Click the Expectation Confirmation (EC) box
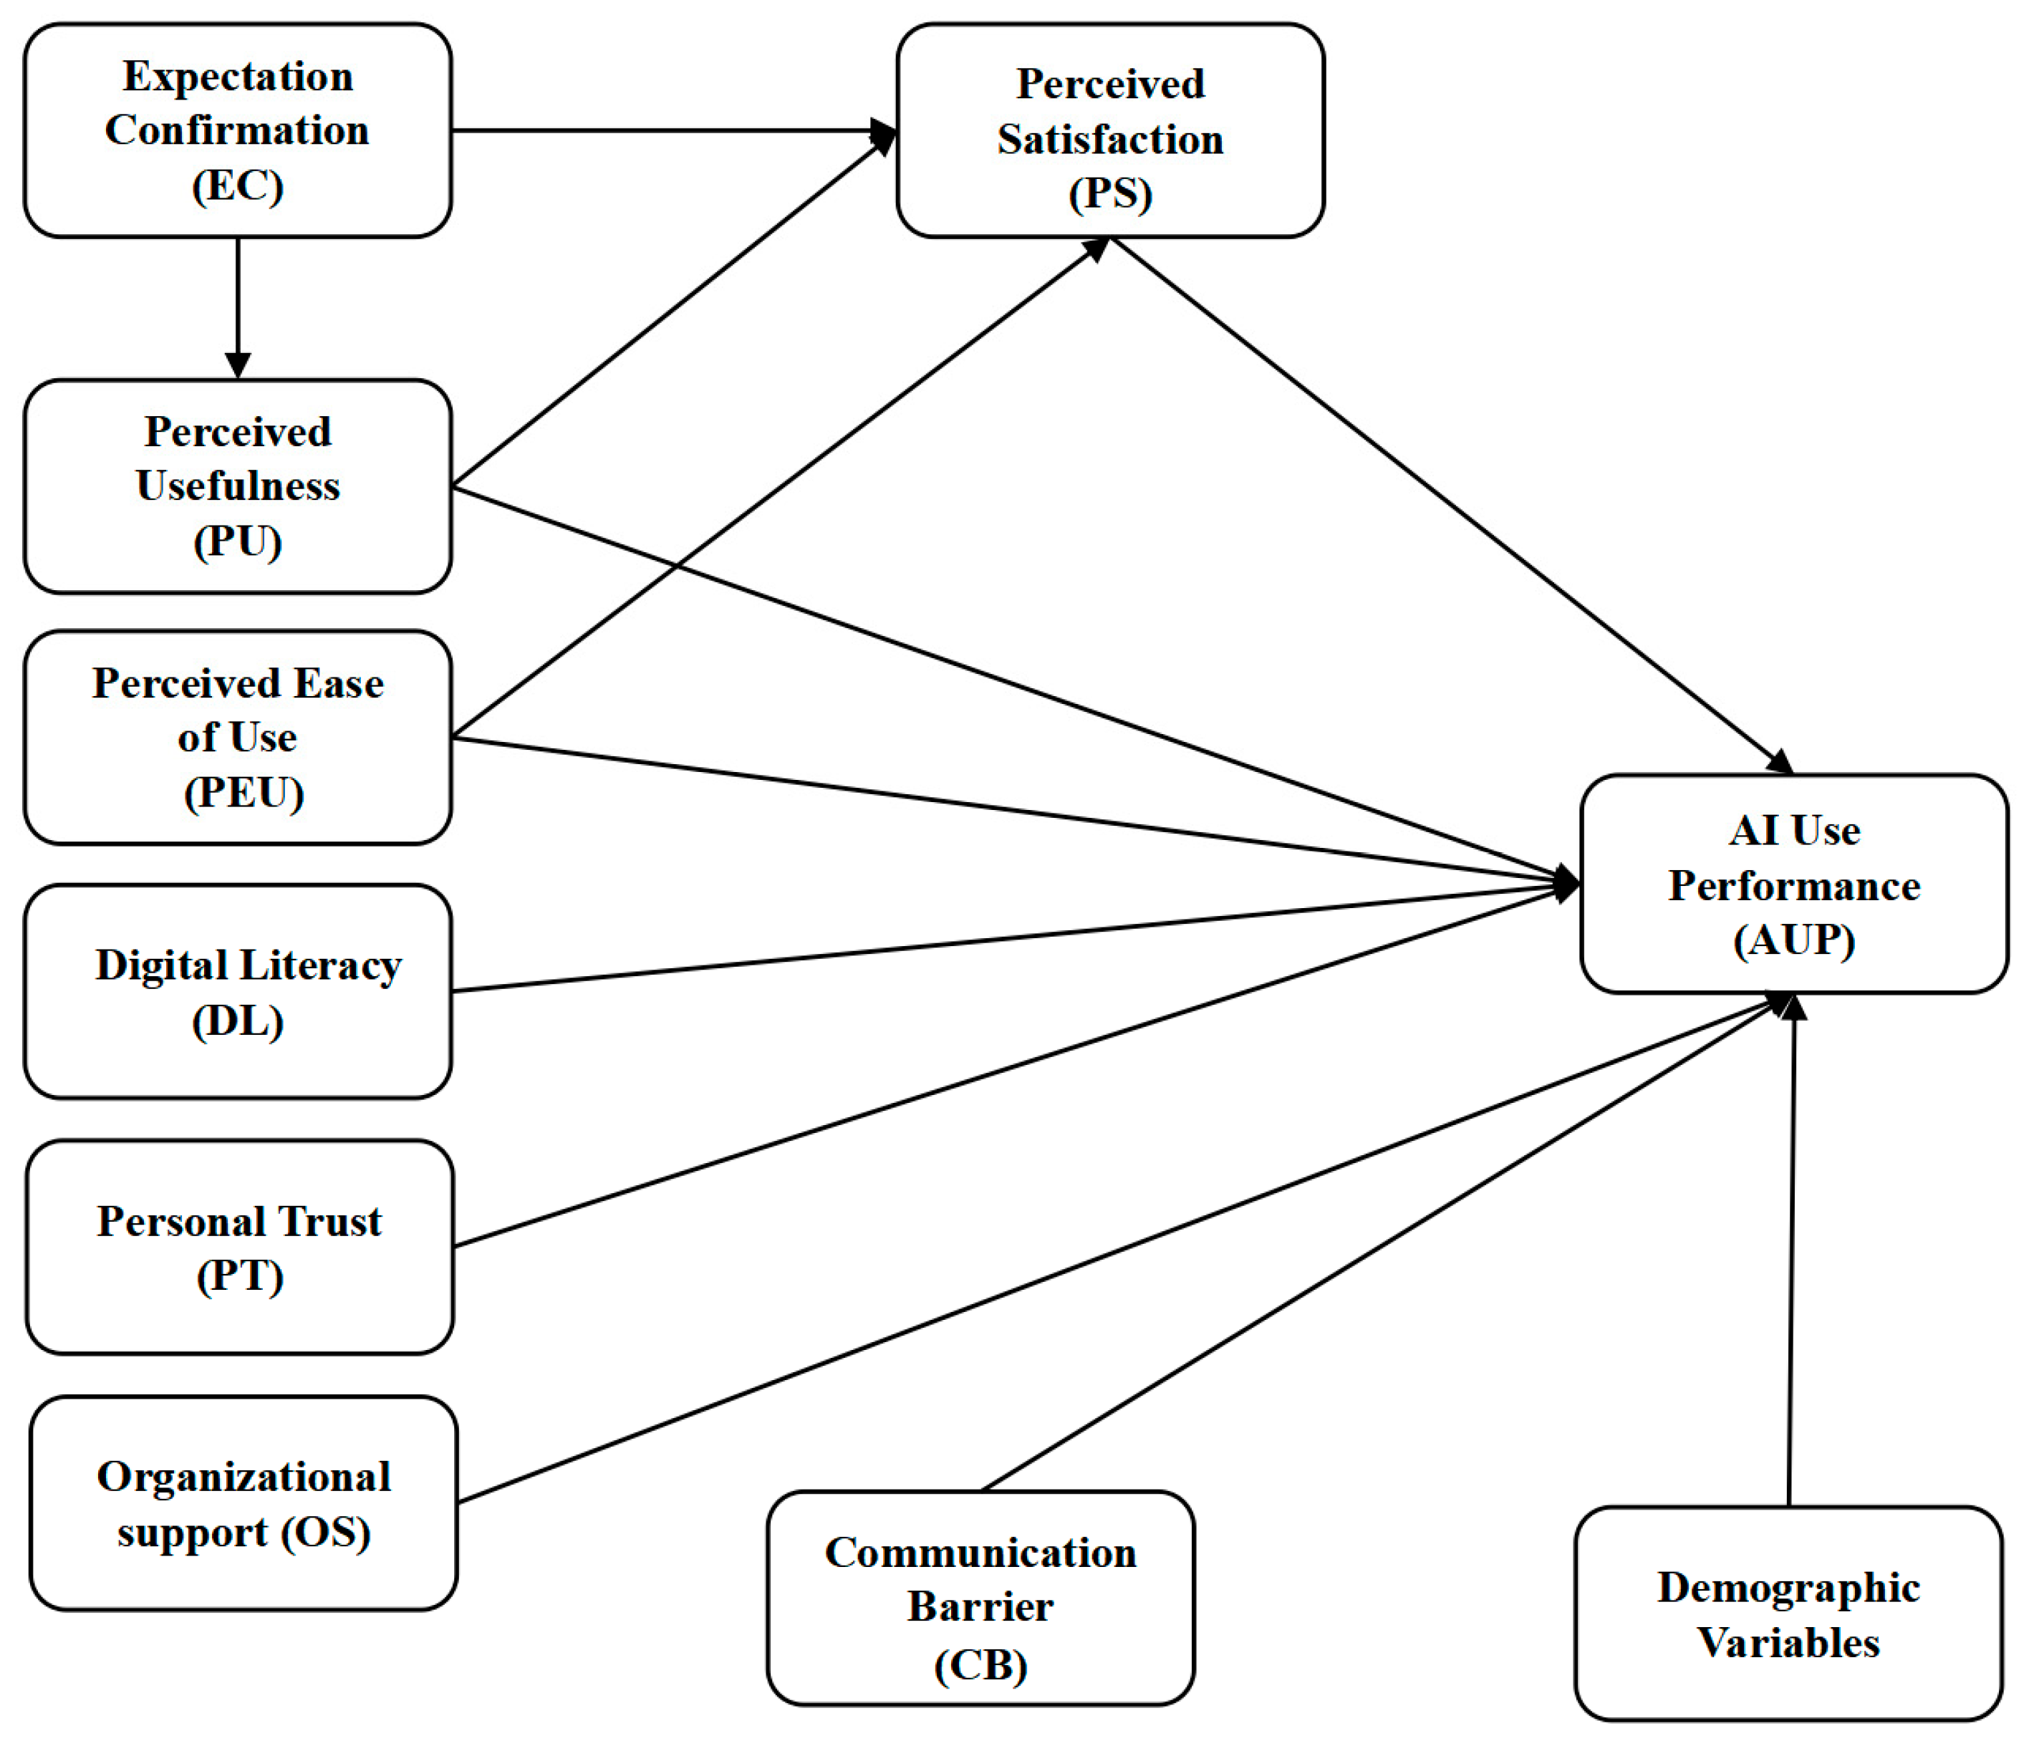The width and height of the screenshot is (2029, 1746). pyautogui.click(x=238, y=130)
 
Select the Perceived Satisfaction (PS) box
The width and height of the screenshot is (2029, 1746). pyautogui.click(x=1110, y=130)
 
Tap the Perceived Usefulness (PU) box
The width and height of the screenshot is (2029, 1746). pyautogui.click(x=238, y=487)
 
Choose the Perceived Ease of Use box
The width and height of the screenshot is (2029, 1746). pyautogui.click(x=238, y=738)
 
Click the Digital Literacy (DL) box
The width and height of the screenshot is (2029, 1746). pyautogui.click(x=238, y=991)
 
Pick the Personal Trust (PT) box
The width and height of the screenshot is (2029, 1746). pyautogui.click(x=240, y=1247)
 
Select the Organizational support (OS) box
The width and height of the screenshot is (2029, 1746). pyautogui.click(x=244, y=1503)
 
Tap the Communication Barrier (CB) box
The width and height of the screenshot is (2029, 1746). pyautogui.click(x=980, y=1598)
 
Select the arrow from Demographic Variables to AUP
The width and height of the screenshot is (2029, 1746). pyautogui.click(x=1791, y=1250)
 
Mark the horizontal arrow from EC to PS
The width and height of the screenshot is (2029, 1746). pyautogui.click(x=675, y=130)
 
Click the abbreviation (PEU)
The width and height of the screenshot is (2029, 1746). pyautogui.click(x=244, y=792)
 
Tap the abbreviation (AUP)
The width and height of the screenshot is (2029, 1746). pyautogui.click(x=1794, y=940)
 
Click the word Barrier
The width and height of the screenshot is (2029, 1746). pyautogui.click(x=980, y=1607)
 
